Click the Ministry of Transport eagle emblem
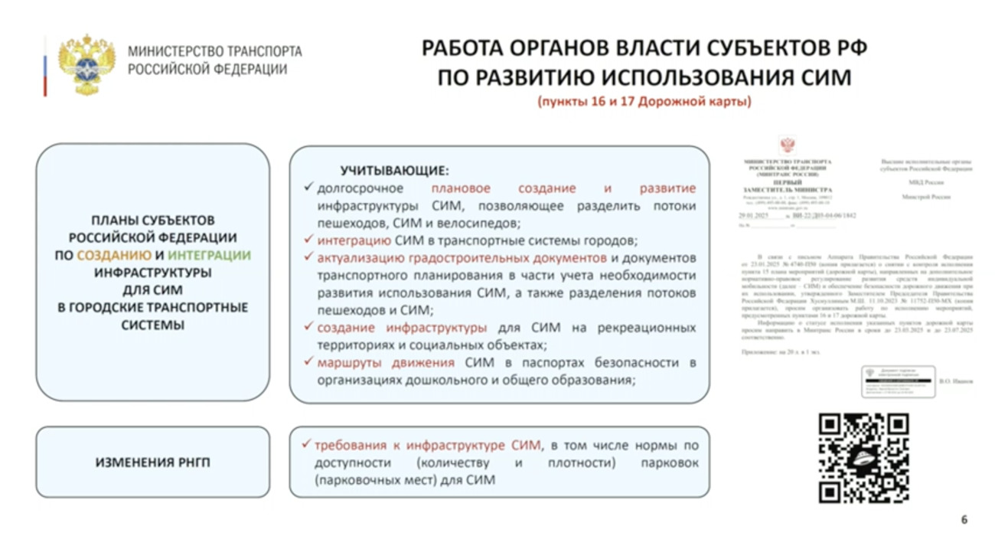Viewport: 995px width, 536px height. click(x=86, y=65)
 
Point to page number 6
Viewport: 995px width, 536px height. click(x=964, y=518)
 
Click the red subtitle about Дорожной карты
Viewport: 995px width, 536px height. click(x=644, y=101)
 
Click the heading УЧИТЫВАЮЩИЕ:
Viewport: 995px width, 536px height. click(x=394, y=171)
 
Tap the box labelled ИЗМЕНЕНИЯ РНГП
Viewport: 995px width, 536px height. click(x=152, y=462)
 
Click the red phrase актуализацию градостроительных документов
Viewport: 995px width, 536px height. click(x=462, y=257)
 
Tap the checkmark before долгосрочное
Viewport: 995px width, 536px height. click(x=308, y=188)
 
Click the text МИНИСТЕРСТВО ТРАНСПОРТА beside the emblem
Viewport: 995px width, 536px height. click(x=215, y=52)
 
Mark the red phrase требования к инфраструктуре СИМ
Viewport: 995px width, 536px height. click(x=428, y=445)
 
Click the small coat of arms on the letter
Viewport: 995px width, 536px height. click(x=786, y=145)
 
